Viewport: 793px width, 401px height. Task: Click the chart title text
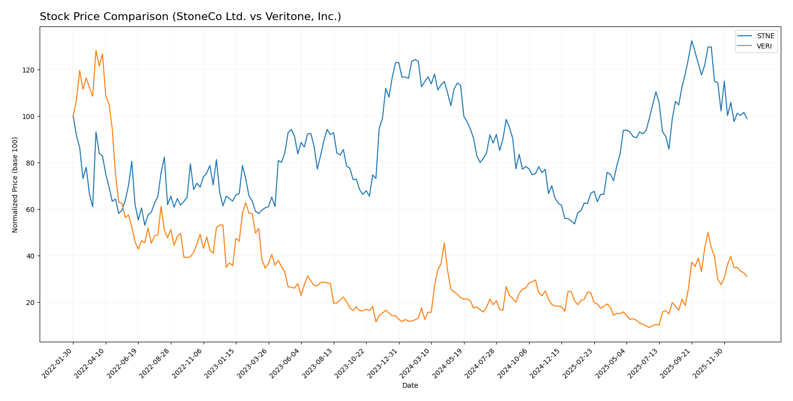click(190, 17)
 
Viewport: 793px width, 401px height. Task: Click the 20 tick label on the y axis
click(32, 303)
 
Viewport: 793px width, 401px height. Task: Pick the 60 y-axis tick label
click(32, 210)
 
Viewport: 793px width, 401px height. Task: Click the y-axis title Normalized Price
click(15, 185)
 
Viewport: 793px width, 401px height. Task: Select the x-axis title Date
click(410, 386)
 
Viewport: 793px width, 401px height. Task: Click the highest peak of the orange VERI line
click(96, 50)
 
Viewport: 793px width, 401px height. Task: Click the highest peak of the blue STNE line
click(692, 41)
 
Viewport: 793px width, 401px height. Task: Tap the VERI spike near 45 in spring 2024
click(444, 243)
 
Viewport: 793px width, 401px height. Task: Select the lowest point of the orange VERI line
click(649, 327)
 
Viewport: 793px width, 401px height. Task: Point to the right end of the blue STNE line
click(747, 118)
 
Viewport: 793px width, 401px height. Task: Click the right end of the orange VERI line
click(747, 277)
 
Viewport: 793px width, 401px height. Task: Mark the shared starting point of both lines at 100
click(73, 116)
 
